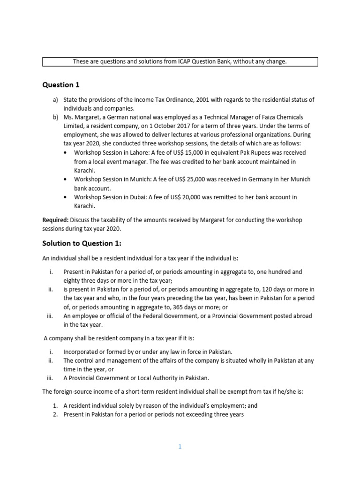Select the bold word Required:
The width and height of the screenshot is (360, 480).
pyautogui.click(x=56, y=220)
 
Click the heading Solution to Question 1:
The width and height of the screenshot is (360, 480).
pyautogui.click(x=82, y=243)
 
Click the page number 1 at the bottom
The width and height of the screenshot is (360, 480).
pyautogui.click(x=180, y=447)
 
